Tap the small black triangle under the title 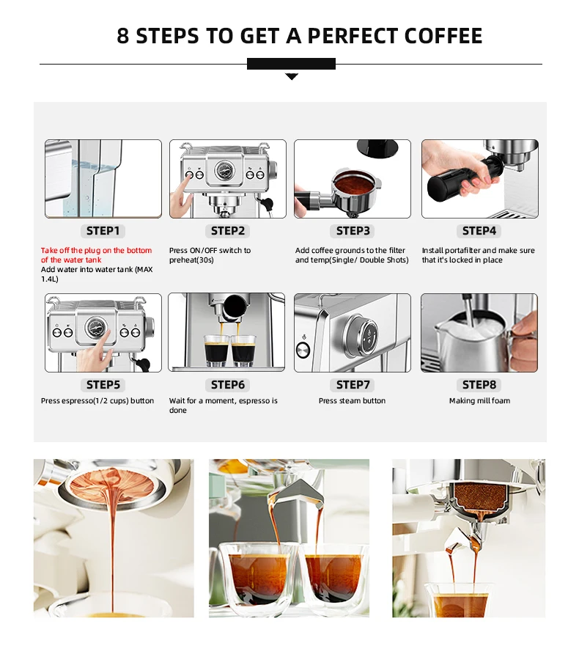pyautogui.click(x=292, y=76)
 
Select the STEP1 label pyautogui.click(x=103, y=231)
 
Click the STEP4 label pyautogui.click(x=479, y=231)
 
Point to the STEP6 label pyautogui.click(x=228, y=385)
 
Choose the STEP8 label pyautogui.click(x=479, y=385)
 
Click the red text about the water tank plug pyautogui.click(x=96, y=255)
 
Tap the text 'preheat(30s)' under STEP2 pyautogui.click(x=191, y=260)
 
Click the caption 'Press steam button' pyautogui.click(x=352, y=400)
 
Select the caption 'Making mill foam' pyautogui.click(x=479, y=400)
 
